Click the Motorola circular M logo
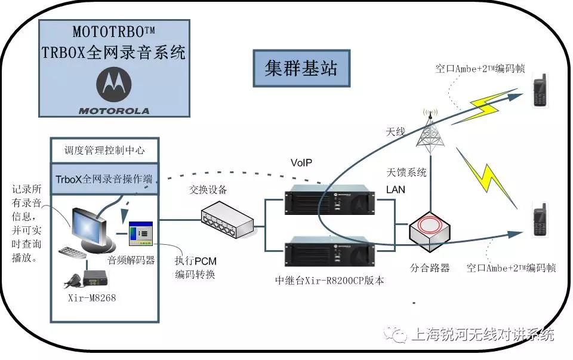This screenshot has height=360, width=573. click(x=115, y=84)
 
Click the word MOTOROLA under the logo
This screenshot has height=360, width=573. click(x=115, y=110)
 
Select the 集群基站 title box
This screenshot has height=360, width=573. click(x=301, y=67)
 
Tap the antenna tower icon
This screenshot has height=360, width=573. click(x=430, y=131)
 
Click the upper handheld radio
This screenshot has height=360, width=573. click(x=541, y=91)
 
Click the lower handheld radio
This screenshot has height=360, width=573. click(x=540, y=220)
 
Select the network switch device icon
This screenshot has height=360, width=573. click(x=227, y=219)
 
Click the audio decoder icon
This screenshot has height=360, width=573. click(x=141, y=234)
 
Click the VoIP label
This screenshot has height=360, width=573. click(x=301, y=162)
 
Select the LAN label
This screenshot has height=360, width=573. click(x=396, y=189)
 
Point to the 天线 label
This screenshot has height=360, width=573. click(x=396, y=131)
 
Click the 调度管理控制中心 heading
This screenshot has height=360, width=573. click(x=104, y=150)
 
